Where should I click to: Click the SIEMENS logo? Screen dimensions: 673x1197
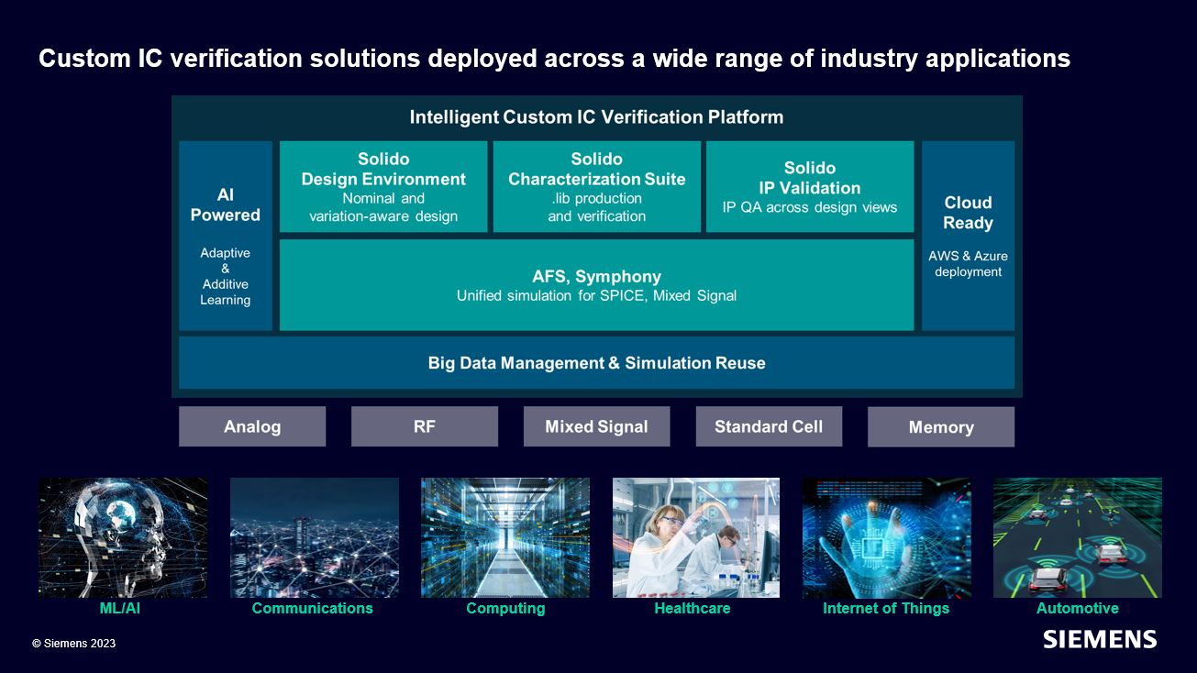pyautogui.click(x=1099, y=639)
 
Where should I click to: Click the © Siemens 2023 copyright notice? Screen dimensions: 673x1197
pyautogui.click(x=73, y=644)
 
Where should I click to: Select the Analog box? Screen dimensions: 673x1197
pyautogui.click(x=252, y=426)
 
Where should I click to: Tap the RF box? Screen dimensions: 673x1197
pyautogui.click(x=425, y=426)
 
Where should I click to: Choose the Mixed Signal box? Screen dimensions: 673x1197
pyautogui.click(x=596, y=426)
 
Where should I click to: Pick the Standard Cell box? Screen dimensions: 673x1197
pyautogui.click(x=769, y=426)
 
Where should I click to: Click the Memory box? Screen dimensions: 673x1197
pyautogui.click(x=940, y=427)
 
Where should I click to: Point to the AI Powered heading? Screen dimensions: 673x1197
pyautogui.click(x=226, y=204)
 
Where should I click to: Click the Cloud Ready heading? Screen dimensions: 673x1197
pyautogui.click(x=968, y=213)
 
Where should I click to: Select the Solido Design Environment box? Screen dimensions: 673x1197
pyautogui.click(x=383, y=187)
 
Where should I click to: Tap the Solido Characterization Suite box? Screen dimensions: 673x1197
pyautogui.click(x=597, y=187)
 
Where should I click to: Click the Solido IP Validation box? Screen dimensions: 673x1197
pyautogui.click(x=810, y=187)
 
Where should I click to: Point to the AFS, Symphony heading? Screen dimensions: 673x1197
pyautogui.click(x=596, y=276)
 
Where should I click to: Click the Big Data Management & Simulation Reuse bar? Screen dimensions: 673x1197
pyautogui.click(x=596, y=363)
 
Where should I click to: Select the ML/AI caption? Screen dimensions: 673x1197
pyautogui.click(x=119, y=608)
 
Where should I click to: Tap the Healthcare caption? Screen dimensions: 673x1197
pyautogui.click(x=693, y=608)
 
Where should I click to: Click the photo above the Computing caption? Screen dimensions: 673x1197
pyautogui.click(x=505, y=537)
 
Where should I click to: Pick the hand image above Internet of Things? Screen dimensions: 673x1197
pyautogui.click(x=886, y=537)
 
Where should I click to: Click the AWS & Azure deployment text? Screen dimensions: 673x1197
pyautogui.click(x=968, y=264)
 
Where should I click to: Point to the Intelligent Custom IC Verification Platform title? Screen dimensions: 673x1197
pyautogui.click(x=596, y=117)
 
